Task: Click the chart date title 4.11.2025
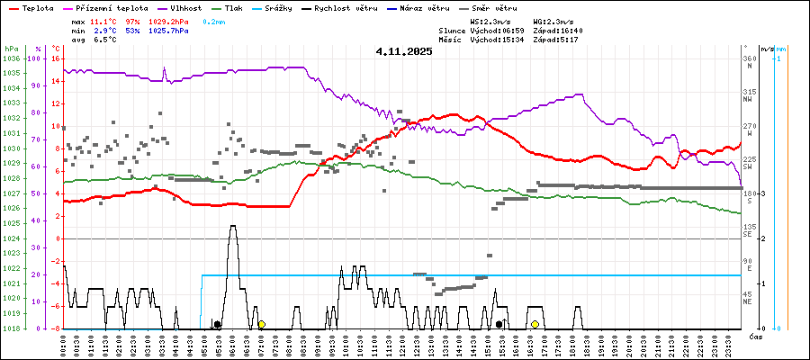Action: click(x=404, y=51)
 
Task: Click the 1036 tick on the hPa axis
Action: click(x=11, y=58)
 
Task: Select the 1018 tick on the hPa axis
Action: click(x=11, y=328)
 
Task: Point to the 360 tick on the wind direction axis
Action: click(x=749, y=58)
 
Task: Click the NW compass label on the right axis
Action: click(x=748, y=100)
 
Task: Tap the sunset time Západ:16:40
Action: click(x=558, y=31)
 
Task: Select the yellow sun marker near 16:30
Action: click(x=535, y=324)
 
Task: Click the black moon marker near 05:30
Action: click(x=217, y=324)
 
